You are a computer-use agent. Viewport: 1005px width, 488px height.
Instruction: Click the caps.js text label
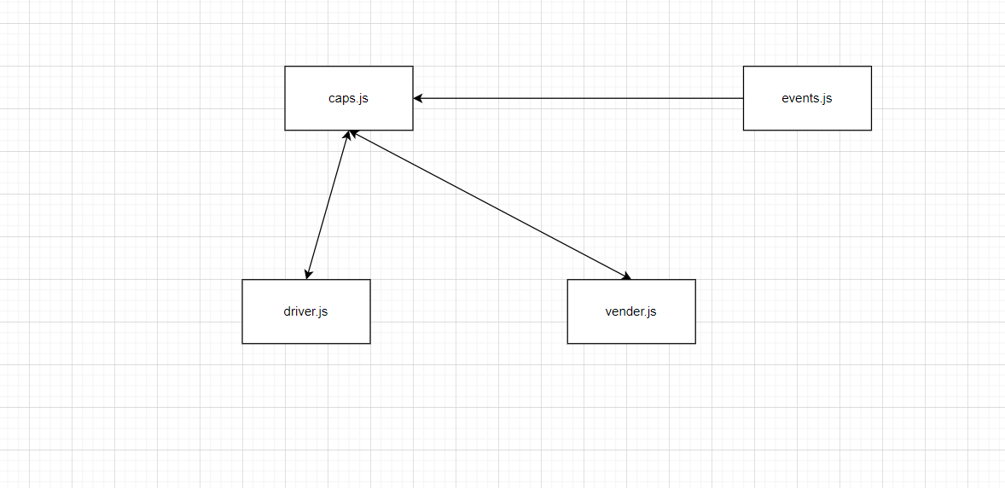coord(348,98)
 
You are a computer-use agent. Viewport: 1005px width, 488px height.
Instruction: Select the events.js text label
coord(806,98)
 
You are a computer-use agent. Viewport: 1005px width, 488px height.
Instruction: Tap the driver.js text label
coord(305,311)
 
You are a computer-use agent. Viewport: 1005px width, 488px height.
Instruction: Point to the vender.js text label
coord(630,311)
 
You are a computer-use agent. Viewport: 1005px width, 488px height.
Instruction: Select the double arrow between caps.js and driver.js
coord(327,205)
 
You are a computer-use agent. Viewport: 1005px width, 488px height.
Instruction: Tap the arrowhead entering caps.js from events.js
coord(418,98)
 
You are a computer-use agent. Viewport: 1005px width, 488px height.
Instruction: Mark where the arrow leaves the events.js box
coord(743,98)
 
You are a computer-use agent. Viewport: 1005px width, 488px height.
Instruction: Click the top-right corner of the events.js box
coord(871,67)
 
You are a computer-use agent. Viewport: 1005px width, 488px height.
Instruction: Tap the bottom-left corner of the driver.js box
coord(242,343)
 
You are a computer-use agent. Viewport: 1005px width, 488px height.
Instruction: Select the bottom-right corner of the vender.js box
coord(695,343)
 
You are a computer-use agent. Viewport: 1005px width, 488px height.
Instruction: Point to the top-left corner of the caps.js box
coord(285,67)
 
